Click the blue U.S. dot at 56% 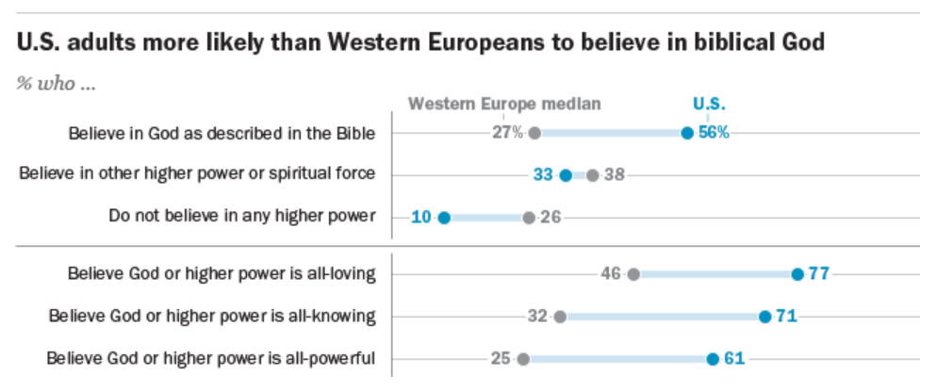point(687,133)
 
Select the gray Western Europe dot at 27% point(534,133)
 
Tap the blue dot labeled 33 point(566,174)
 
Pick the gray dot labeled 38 point(592,174)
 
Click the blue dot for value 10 point(444,218)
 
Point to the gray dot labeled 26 point(529,218)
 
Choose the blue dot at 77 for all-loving point(797,274)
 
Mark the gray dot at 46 point(633,274)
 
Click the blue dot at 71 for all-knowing point(765,316)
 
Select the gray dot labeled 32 point(560,316)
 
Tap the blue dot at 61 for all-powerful point(713,358)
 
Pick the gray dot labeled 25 point(523,358)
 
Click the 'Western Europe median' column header point(503,104)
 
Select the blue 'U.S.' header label point(709,104)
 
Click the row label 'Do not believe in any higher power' point(242,217)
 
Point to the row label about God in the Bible point(222,133)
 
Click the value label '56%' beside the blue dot point(714,133)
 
